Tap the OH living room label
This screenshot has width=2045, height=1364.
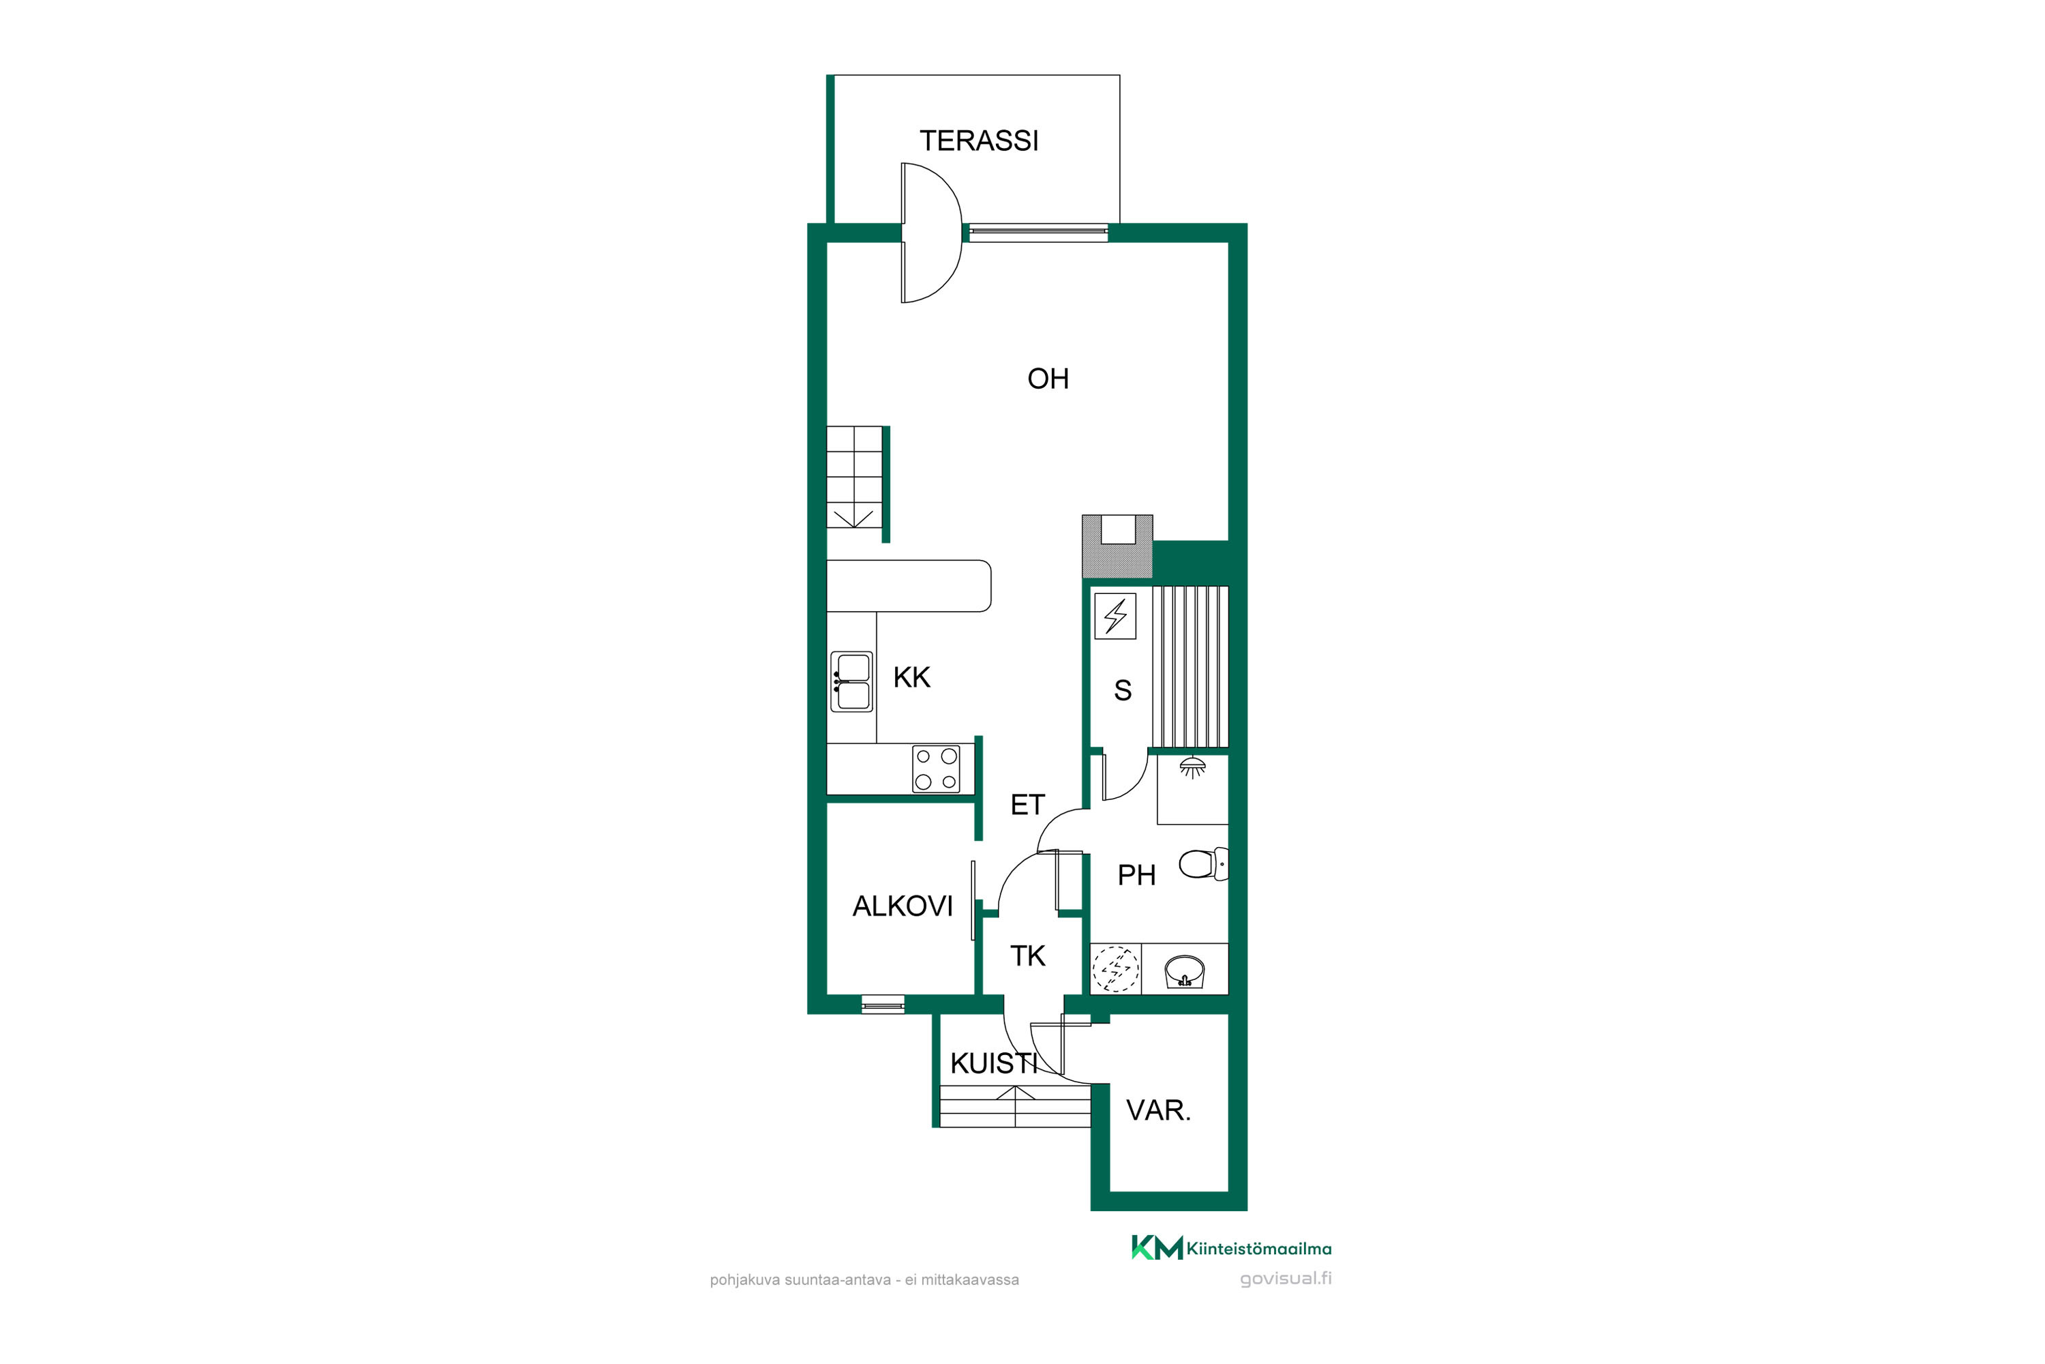coord(1048,379)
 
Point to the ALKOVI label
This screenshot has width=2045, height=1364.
coord(903,906)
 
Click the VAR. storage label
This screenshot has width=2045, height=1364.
coord(1158,1110)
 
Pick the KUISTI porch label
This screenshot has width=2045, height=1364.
coord(994,1063)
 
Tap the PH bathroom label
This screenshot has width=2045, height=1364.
coord(1136,875)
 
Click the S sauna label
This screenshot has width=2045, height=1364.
coord(1123,691)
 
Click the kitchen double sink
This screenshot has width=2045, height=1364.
coord(851,682)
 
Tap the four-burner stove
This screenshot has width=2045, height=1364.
coord(937,769)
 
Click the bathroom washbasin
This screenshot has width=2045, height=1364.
coord(1184,970)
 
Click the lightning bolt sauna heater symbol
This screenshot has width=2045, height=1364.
coord(1115,616)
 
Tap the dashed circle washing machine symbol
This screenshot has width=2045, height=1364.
coord(1115,969)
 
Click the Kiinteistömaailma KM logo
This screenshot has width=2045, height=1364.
coord(1231,1247)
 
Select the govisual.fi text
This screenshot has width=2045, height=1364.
coord(1286,1279)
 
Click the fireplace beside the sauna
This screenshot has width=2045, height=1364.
coord(1117,546)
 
